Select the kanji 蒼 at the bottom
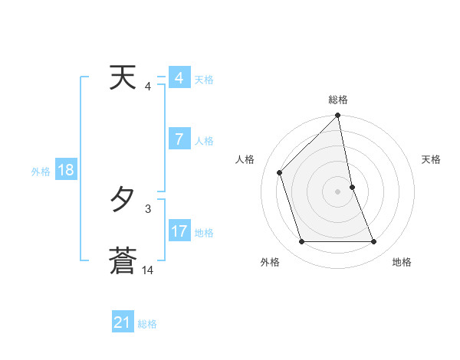point(123,260)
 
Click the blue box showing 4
point(179,78)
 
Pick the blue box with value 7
point(179,139)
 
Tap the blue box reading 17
point(179,231)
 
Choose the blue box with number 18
point(65,170)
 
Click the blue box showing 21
point(123,322)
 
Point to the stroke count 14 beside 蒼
point(147,270)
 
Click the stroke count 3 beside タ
point(147,208)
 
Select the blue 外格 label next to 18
point(41,172)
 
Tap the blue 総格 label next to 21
point(147,324)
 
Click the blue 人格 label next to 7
point(204,141)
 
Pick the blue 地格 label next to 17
point(204,232)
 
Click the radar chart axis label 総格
point(338,100)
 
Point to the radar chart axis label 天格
point(432,159)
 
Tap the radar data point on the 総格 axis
point(338,116)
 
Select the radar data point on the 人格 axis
point(280,172)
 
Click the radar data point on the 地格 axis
point(374,241)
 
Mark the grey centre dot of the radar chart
point(338,191)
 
